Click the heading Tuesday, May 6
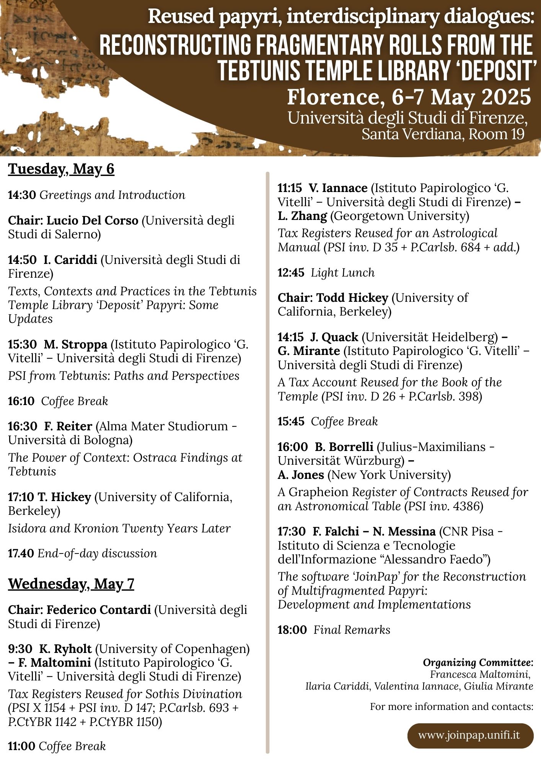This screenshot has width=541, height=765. coord(61,169)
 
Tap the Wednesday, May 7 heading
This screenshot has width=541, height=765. coord(71,584)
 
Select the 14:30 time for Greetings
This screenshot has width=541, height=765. coord(22,195)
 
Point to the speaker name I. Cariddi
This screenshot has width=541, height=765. coord(70,260)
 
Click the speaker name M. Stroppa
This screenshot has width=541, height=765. coord(75,344)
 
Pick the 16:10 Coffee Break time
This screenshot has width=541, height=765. coord(21,401)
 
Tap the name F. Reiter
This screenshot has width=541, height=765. coord(68,426)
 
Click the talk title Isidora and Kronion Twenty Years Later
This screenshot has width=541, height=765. coord(119,528)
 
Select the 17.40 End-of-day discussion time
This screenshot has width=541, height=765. coord(21,553)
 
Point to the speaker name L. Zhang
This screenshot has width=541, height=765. coord(302,216)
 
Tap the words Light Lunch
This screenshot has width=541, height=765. coord(342,273)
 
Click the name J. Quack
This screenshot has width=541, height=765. coord(334,337)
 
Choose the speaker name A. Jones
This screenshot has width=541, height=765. coord(301,475)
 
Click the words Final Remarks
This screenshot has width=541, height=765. coord(352,630)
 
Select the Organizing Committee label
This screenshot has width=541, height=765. coord(478,662)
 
